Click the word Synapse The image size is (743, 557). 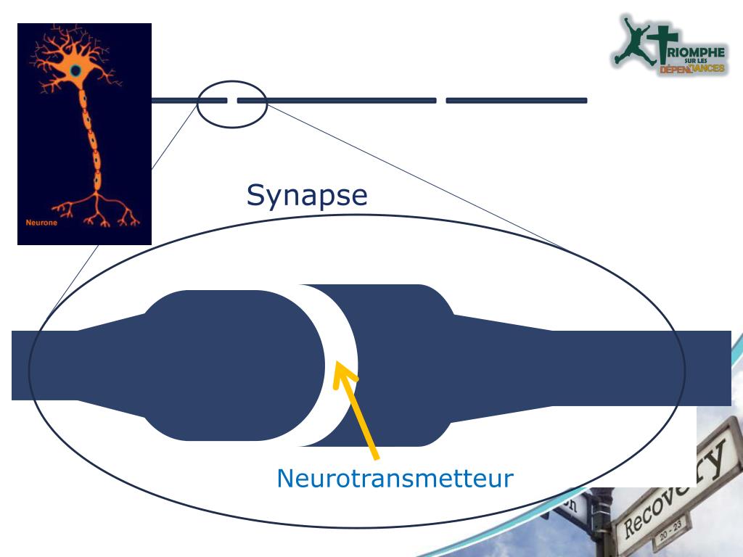tap(307, 195)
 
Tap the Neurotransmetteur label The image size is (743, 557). tap(395, 478)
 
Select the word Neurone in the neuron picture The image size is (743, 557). tap(41, 223)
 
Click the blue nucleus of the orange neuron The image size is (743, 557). tap(75, 70)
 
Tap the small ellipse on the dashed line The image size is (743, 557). tap(232, 104)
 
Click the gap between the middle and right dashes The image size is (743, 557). tap(441, 100)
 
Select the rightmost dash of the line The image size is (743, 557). tap(516, 100)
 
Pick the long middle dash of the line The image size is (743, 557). tap(337, 100)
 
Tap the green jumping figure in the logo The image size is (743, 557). tap(631, 40)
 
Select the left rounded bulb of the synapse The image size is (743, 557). tap(232, 365)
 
